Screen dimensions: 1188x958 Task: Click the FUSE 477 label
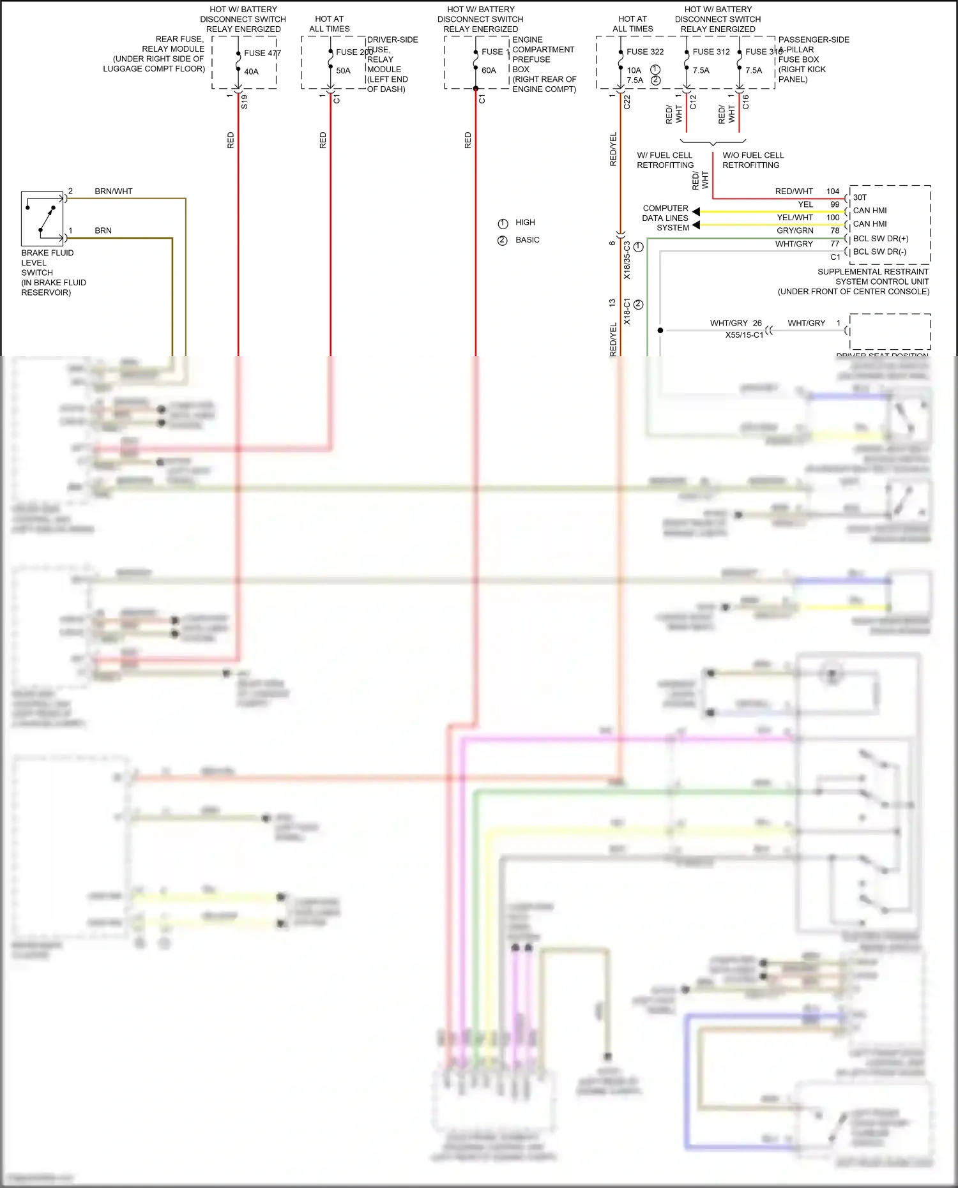click(x=262, y=53)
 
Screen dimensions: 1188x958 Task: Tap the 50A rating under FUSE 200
click(x=343, y=71)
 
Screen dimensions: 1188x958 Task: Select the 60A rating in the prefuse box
click(x=489, y=71)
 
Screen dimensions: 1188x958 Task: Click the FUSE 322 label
click(x=644, y=52)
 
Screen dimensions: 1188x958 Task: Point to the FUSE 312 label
click(x=711, y=52)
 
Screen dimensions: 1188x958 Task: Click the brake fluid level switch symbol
click(x=43, y=218)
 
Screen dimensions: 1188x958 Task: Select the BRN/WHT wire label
click(x=114, y=192)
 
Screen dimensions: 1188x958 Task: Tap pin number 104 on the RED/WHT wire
click(x=832, y=192)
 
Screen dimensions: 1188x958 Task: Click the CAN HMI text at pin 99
click(x=869, y=211)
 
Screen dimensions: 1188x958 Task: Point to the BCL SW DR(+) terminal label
click(x=880, y=239)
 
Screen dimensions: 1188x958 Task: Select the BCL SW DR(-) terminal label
click(x=879, y=252)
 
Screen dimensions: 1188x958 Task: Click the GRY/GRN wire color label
click(x=795, y=231)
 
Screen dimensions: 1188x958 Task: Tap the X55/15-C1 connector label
click(x=743, y=335)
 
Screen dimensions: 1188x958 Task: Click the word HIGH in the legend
click(x=525, y=222)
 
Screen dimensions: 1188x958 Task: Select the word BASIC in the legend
click(x=527, y=240)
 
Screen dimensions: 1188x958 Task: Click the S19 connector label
click(x=245, y=101)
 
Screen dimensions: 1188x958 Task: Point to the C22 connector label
click(x=627, y=102)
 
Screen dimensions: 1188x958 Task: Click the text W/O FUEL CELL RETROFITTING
click(x=752, y=160)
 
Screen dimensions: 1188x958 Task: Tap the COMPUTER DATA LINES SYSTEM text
click(x=665, y=218)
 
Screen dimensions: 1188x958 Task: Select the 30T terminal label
click(x=860, y=198)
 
